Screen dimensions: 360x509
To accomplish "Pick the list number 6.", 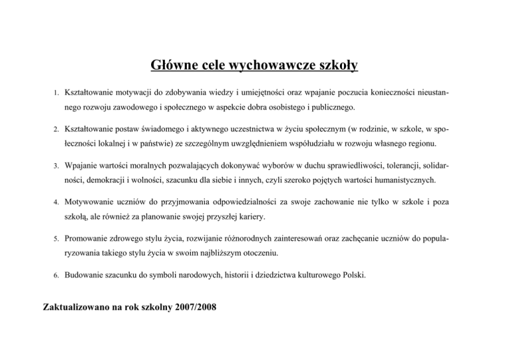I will [x=57, y=273].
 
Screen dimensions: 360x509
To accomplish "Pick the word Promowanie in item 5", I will [x=92, y=236].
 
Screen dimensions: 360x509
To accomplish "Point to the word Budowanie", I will [x=89, y=273].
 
